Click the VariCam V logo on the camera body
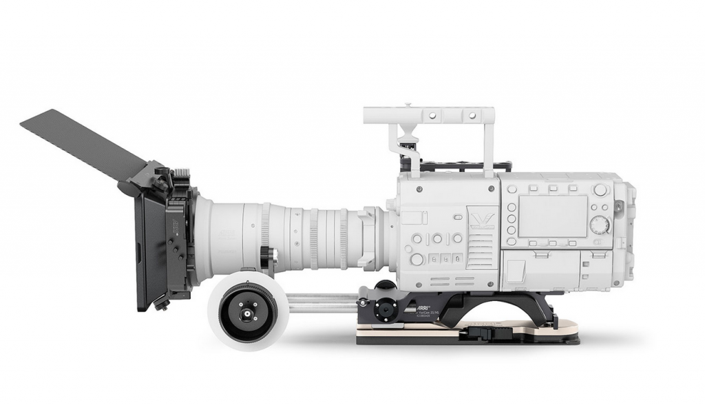481,219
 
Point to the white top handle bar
428,114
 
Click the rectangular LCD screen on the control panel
552,216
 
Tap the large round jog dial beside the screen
600,225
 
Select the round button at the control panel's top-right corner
600,189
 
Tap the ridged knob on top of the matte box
182,172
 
